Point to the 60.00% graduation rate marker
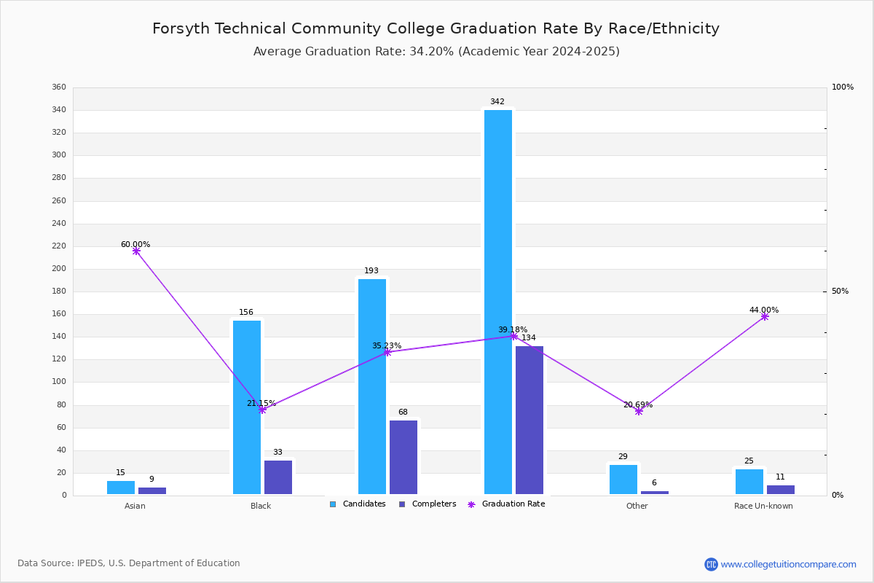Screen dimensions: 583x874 pos(136,251)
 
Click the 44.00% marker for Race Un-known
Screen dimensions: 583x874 pos(765,317)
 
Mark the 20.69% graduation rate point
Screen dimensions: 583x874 pos(639,412)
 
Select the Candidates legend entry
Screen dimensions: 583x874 pos(358,504)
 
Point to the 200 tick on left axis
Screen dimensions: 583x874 pos(59,269)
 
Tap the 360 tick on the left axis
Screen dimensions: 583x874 pos(59,87)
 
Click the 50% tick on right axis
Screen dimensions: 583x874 pos(840,291)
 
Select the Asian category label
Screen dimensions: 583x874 pos(135,506)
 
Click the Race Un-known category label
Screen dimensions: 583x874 pos(763,506)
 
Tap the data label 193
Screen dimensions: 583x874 pos(371,271)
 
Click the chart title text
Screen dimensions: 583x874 pos(436,29)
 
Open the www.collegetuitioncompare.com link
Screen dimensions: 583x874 pos(788,564)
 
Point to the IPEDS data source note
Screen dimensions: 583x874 pos(129,563)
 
